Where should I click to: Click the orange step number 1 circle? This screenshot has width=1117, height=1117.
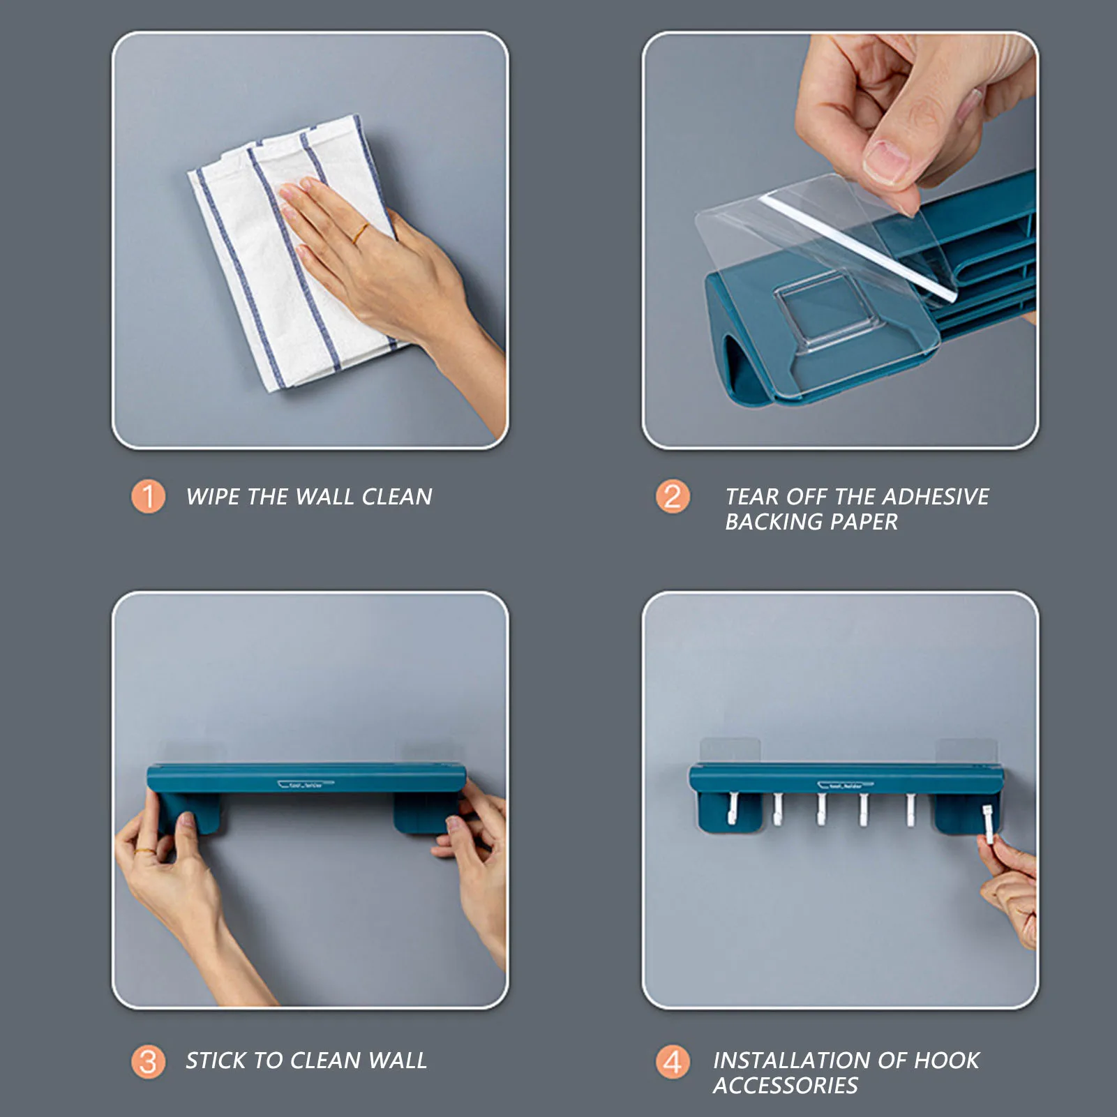click(148, 496)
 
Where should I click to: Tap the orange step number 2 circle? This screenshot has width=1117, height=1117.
click(673, 496)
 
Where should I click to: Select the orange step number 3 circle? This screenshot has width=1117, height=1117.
click(148, 1062)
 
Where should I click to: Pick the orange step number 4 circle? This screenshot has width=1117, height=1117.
click(673, 1062)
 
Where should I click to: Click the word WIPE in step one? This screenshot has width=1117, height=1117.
click(213, 497)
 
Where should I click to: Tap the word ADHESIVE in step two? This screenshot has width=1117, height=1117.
click(936, 497)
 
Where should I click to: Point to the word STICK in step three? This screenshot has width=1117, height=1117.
click(215, 1060)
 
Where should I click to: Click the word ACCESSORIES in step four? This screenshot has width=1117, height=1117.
click(785, 1086)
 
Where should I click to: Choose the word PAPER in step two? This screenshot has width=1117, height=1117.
click(864, 522)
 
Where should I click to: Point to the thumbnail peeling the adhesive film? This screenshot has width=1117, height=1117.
click(886, 162)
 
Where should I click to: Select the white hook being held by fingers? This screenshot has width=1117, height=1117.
click(988, 824)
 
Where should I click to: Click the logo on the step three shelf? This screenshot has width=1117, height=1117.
click(306, 784)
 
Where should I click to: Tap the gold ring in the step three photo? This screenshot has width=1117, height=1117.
click(147, 852)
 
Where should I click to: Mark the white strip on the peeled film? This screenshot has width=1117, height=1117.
click(857, 248)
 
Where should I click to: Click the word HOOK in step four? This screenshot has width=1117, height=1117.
click(946, 1060)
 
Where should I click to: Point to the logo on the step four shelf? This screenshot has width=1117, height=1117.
click(845, 786)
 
